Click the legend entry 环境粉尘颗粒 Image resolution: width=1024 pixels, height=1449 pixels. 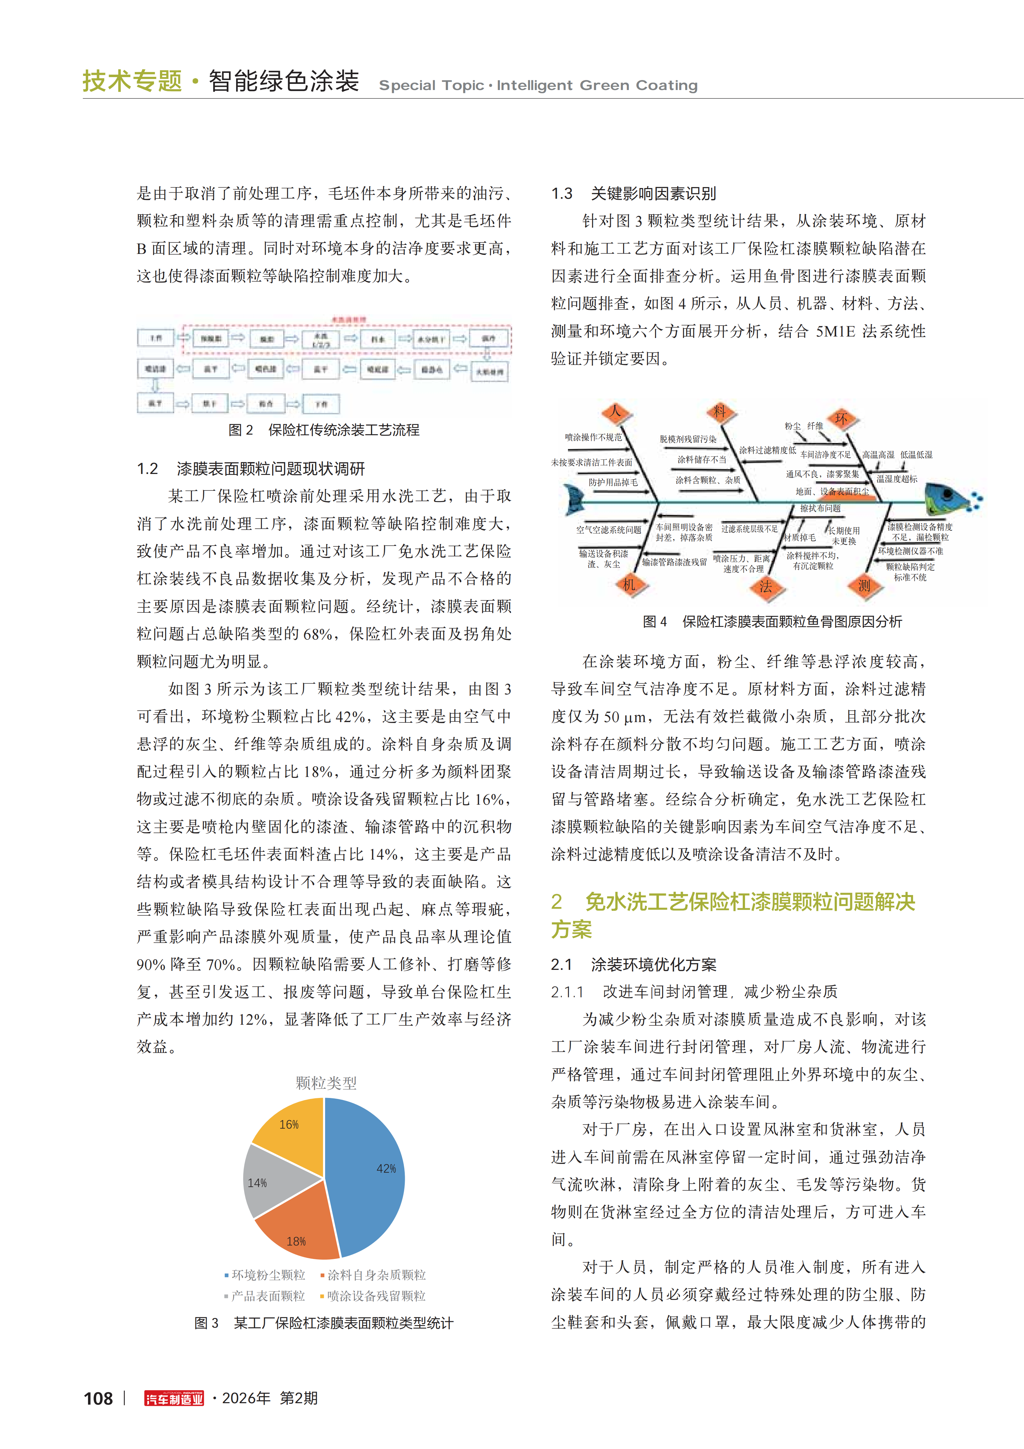[x=268, y=1275]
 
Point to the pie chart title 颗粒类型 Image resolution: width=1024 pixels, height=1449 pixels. [x=326, y=1083]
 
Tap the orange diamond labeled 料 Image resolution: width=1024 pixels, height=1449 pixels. [x=720, y=412]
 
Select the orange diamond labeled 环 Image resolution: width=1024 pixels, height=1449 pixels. [x=841, y=418]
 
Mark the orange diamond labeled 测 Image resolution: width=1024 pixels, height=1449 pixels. [x=864, y=586]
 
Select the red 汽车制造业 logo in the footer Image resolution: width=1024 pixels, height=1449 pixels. [x=174, y=1399]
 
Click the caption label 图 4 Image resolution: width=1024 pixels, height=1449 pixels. [x=654, y=622]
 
